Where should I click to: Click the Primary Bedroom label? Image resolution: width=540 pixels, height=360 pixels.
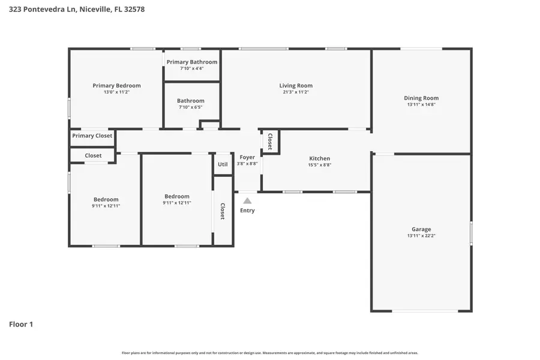click(x=116, y=86)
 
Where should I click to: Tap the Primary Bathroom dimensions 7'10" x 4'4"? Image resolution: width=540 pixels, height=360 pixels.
click(x=191, y=68)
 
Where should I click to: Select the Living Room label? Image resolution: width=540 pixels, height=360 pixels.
click(x=296, y=86)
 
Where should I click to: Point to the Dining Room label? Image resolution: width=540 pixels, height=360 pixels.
click(x=421, y=98)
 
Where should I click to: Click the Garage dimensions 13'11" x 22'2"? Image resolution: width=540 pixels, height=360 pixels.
click(x=421, y=236)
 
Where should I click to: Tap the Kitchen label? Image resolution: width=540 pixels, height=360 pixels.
click(x=319, y=158)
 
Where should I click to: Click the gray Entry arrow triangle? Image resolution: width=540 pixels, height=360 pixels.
click(x=247, y=201)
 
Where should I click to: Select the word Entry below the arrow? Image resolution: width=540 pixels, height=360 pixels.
click(x=247, y=211)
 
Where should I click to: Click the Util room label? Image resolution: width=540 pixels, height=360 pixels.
click(x=223, y=164)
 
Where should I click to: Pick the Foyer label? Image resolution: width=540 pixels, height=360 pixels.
click(x=247, y=157)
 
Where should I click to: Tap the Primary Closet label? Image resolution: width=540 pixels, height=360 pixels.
click(x=92, y=136)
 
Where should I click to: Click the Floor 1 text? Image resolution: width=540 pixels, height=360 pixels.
click(x=21, y=325)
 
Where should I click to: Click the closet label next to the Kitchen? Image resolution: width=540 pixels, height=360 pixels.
click(x=270, y=142)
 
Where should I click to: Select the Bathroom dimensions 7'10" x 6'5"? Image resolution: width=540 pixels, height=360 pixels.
click(x=191, y=107)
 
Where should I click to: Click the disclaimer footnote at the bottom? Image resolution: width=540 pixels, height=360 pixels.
click(x=269, y=353)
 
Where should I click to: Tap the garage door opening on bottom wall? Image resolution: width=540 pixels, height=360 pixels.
click(x=425, y=311)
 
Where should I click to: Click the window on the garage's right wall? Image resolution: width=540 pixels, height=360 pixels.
click(x=471, y=233)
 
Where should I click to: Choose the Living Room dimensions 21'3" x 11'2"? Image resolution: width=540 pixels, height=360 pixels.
click(x=296, y=92)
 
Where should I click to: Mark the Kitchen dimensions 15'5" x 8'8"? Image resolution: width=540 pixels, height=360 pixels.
click(x=319, y=165)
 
